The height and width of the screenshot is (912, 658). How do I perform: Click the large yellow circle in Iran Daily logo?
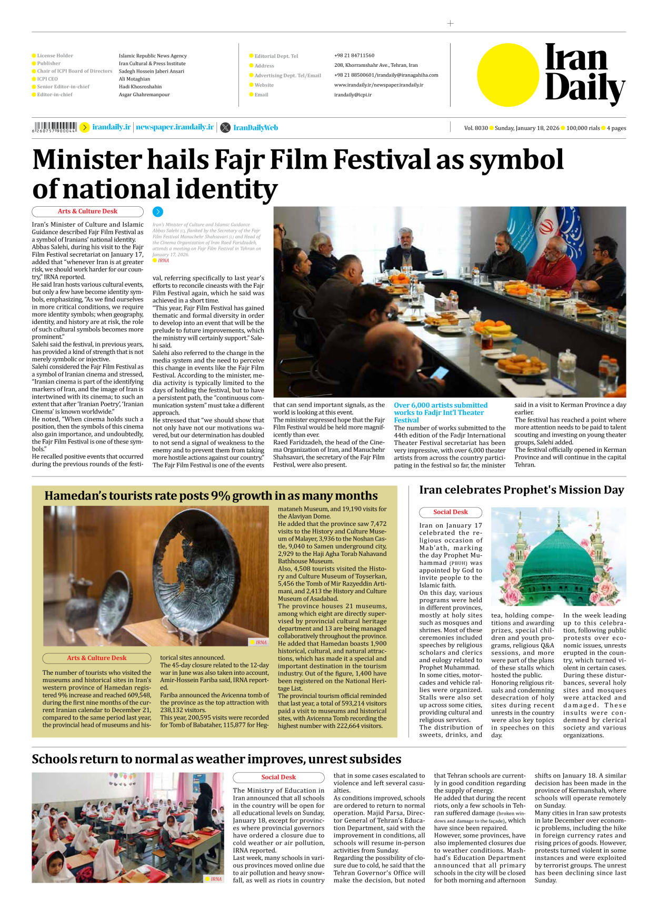(x=508, y=75)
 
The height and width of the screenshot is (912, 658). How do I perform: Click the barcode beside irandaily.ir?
(x=54, y=127)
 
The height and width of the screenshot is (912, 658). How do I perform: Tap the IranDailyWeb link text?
(x=255, y=128)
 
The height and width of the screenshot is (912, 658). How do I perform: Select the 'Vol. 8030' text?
(x=476, y=128)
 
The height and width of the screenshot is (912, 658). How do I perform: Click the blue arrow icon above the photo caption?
(x=158, y=212)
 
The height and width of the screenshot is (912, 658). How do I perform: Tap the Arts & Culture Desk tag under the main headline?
(x=87, y=211)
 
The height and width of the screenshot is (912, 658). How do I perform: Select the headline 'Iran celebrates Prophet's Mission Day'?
(x=521, y=490)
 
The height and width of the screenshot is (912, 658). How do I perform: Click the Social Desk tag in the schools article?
(x=278, y=777)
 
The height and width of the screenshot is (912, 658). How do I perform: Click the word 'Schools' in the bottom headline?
(x=58, y=759)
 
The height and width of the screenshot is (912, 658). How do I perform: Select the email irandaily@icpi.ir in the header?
(x=353, y=95)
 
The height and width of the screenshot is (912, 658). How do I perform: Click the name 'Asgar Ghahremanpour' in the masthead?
(x=144, y=95)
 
